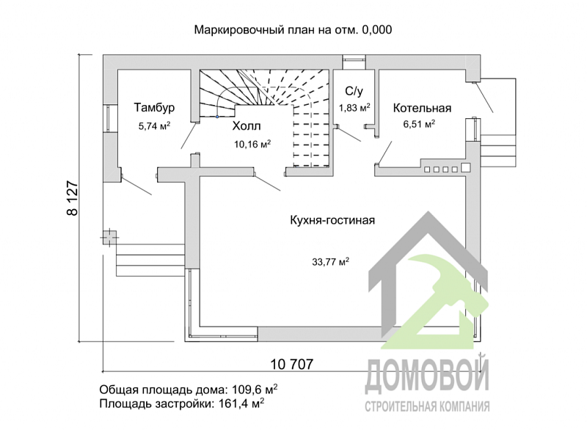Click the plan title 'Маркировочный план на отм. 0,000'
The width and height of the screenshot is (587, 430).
293,30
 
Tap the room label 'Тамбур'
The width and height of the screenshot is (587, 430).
153,109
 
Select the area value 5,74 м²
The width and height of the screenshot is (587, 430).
154,125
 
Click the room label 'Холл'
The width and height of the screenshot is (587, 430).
247,126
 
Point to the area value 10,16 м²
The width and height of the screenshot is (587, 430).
252,144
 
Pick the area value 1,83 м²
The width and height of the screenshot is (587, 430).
354,108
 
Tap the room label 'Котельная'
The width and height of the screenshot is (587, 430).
421,109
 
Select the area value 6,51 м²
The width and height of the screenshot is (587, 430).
419,125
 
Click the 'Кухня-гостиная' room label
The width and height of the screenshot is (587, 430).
332,220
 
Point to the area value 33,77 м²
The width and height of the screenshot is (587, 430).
329,260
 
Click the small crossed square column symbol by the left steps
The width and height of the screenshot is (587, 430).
109,237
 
